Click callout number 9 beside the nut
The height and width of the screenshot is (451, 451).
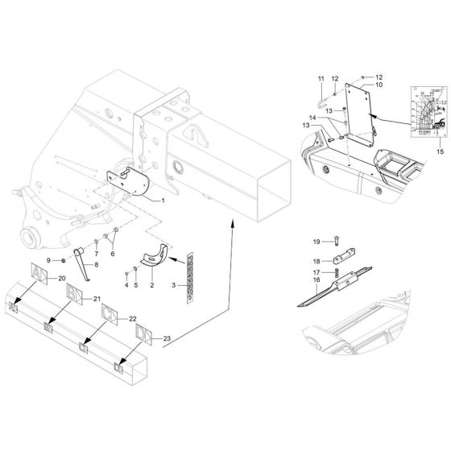pos(48,260)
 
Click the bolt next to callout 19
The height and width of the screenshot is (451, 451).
pos(336,241)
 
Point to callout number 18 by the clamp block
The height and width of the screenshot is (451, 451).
pos(316,262)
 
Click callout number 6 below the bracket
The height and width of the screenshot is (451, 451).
pos(112,253)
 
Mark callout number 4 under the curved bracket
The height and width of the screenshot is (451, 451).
pos(126,285)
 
